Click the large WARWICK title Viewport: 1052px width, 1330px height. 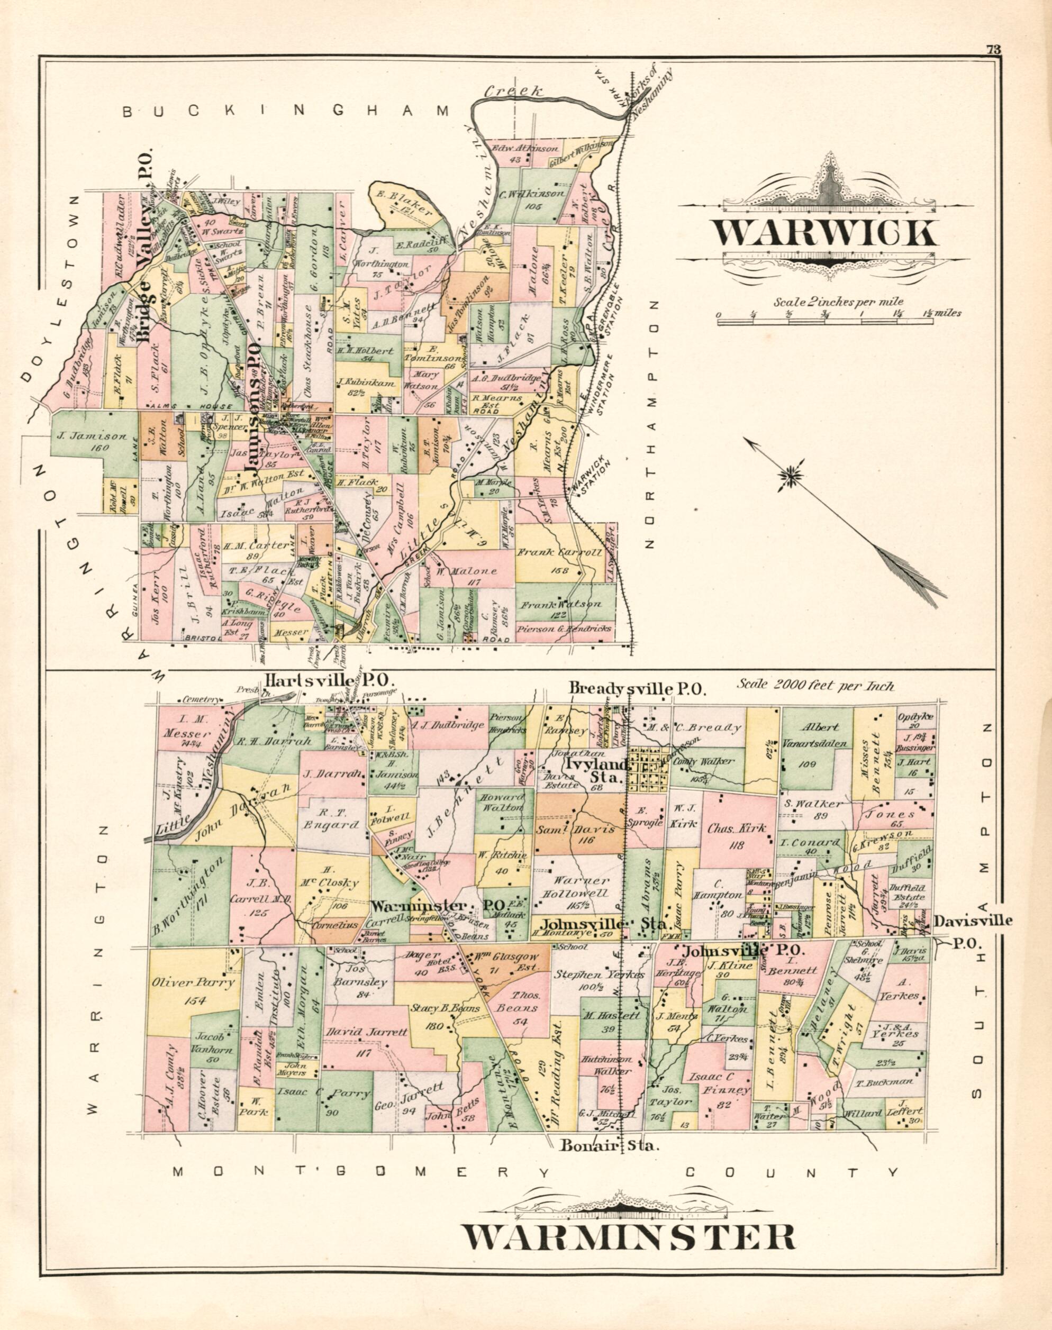tap(826, 233)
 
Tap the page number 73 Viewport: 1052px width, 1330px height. tap(992, 50)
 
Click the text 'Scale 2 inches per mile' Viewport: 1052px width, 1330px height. tap(838, 302)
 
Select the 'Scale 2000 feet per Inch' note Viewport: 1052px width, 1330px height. tap(815, 685)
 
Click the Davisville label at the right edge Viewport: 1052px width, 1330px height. tap(973, 921)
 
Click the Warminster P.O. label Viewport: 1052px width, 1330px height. tap(439, 906)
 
